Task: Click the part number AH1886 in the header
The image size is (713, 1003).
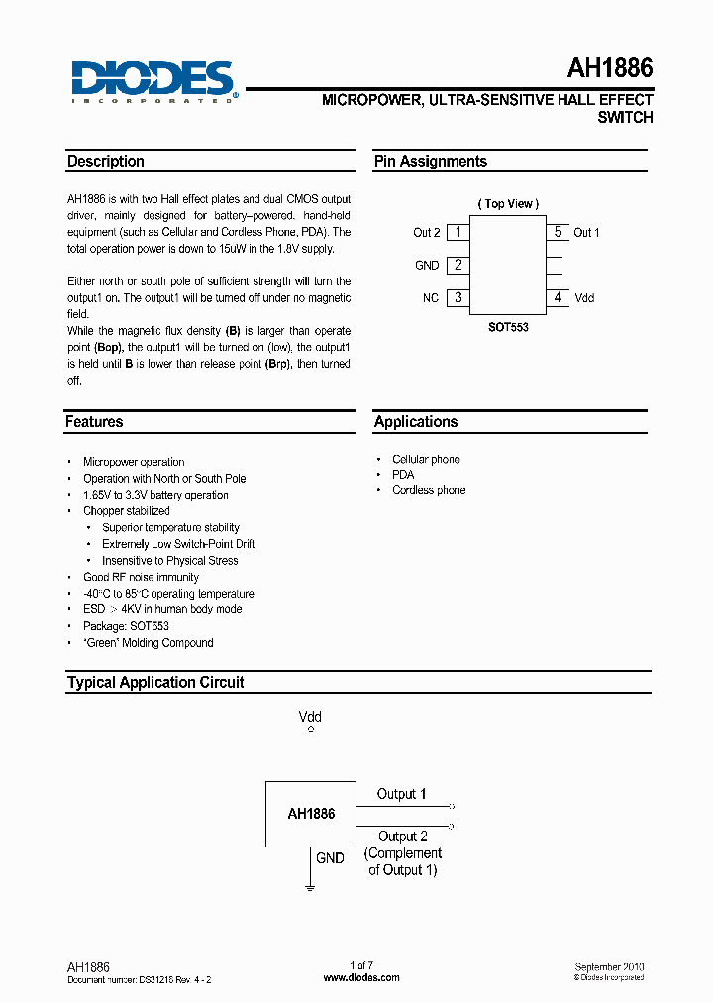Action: tap(609, 68)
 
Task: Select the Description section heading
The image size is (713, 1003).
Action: tap(106, 162)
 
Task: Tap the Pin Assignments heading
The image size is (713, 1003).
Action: tap(430, 162)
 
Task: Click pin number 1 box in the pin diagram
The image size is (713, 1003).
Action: tap(458, 232)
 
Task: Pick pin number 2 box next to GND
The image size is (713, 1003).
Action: tap(458, 265)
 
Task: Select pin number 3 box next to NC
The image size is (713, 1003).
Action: tap(458, 297)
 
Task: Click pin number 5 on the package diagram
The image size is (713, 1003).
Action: tap(558, 232)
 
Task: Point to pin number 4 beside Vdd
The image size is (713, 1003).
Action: tap(558, 297)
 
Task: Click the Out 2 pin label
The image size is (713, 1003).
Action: tap(426, 233)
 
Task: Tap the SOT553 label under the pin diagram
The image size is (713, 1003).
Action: tap(508, 327)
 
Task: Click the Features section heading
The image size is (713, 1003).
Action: tap(95, 422)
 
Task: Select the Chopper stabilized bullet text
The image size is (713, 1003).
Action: tap(127, 511)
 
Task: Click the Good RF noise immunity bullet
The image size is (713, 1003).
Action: tap(141, 577)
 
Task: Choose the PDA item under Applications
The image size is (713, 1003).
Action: tap(403, 475)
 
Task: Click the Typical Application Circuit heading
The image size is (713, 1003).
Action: tap(155, 683)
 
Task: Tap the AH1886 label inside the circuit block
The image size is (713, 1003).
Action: tap(311, 813)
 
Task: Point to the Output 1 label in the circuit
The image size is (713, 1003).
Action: tap(401, 794)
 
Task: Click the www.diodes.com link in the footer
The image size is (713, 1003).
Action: tap(361, 977)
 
